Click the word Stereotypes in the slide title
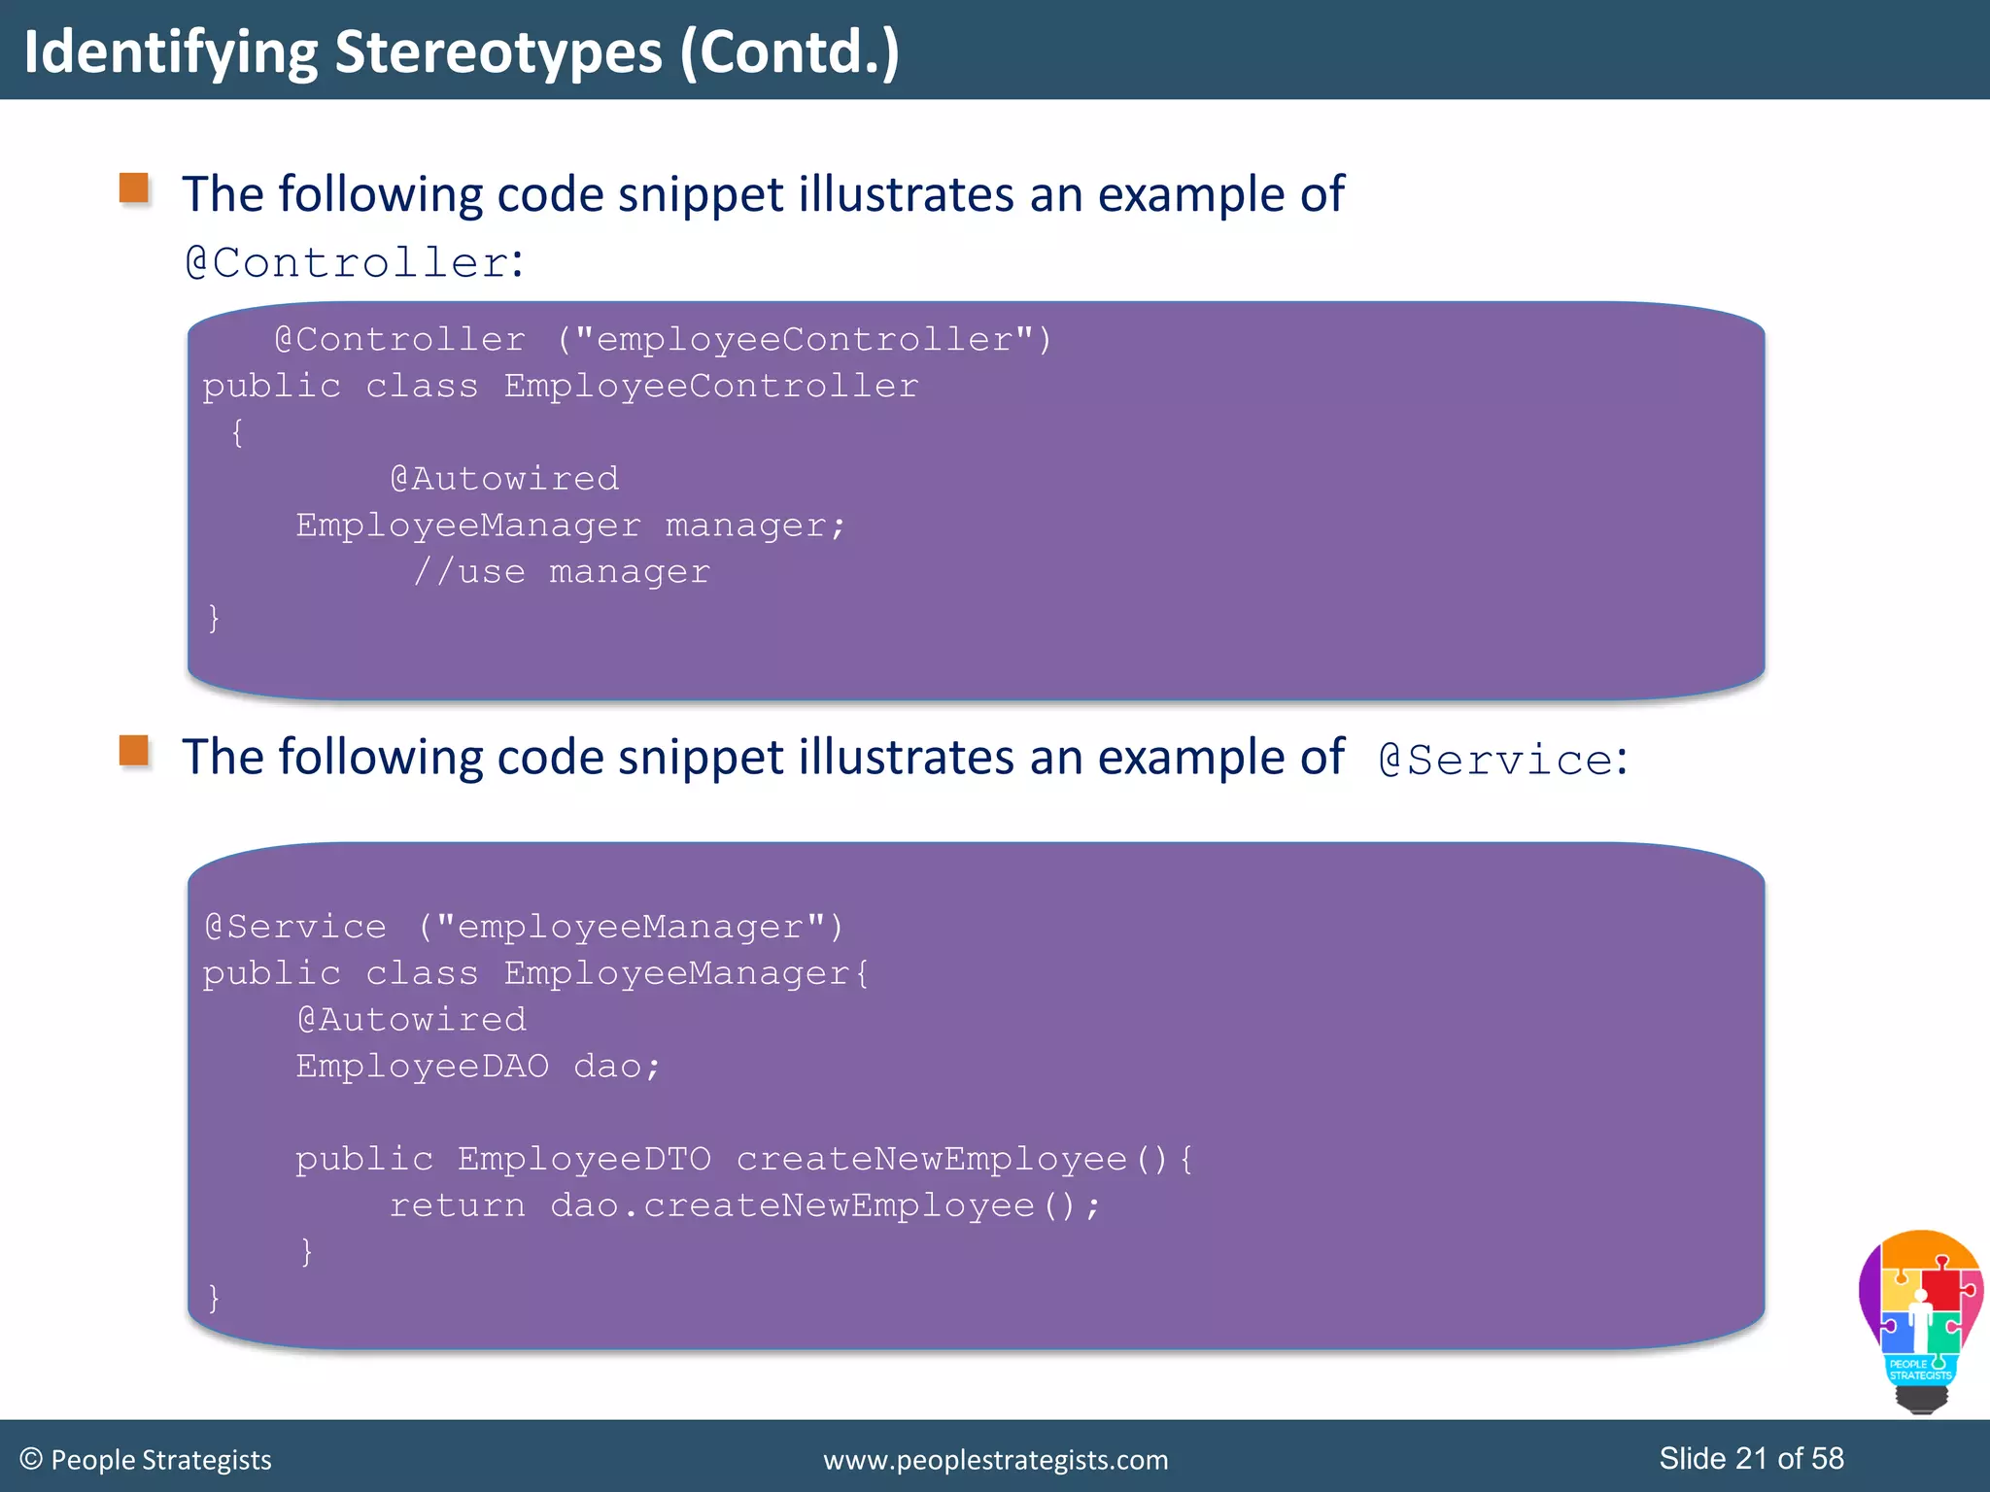pos(497,52)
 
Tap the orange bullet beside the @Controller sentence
pos(134,188)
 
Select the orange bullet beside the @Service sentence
pos(134,751)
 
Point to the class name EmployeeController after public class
pos(710,387)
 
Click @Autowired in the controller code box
pos(504,479)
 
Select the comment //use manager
pos(562,572)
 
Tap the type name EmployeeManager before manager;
pos(468,526)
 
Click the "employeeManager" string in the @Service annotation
pos(631,927)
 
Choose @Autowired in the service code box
pos(412,1020)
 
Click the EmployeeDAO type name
pos(423,1067)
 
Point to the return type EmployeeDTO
pos(584,1159)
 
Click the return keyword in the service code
pos(457,1205)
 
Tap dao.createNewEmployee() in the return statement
pos(825,1206)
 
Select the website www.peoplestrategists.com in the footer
pos(995,1460)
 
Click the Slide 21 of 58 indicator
pos(1751,1458)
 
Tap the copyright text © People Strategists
pos(146,1460)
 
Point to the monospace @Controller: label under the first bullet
pos(355,263)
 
